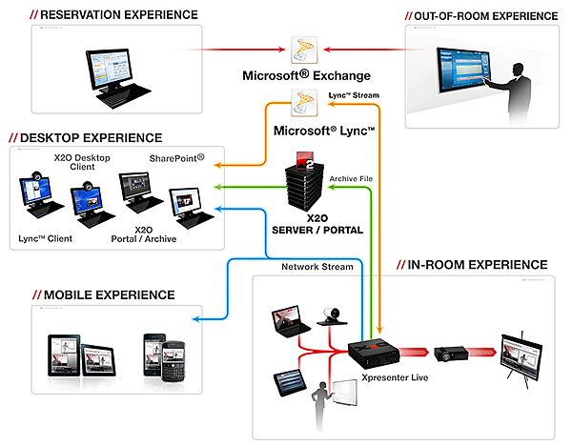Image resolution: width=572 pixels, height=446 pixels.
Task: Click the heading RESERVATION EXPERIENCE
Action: (114, 14)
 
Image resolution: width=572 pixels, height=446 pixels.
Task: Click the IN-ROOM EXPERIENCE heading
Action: (478, 264)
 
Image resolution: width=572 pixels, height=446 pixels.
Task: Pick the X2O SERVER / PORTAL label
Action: (303, 223)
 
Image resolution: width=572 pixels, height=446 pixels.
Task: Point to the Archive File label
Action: (352, 178)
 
